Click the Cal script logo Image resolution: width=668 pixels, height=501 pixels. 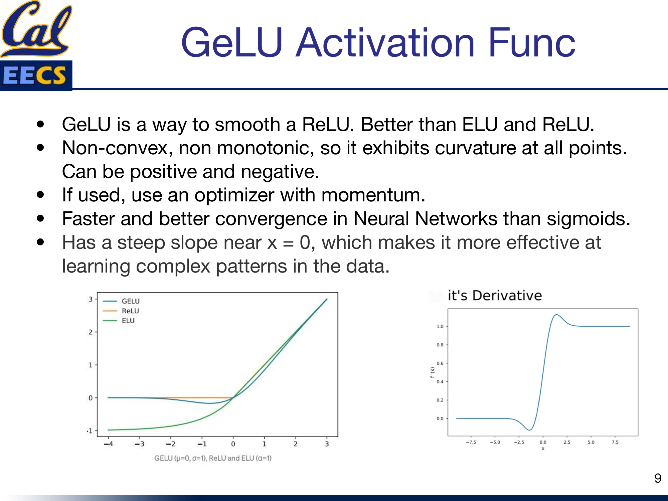[x=36, y=28]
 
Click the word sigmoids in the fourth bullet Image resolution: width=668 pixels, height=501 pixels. [x=588, y=219]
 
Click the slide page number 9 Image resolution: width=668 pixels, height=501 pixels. [x=658, y=478]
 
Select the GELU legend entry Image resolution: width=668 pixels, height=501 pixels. [x=130, y=301]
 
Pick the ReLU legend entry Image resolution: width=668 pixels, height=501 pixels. [x=130, y=311]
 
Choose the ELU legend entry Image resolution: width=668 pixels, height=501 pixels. [x=128, y=321]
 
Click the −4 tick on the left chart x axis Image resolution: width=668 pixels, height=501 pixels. [x=108, y=444]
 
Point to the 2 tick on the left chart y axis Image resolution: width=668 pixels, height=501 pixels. [x=91, y=332]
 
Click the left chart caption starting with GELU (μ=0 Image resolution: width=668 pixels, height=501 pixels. [x=213, y=458]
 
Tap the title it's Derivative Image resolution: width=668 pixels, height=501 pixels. [x=495, y=296]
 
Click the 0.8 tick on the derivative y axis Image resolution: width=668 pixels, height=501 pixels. [x=440, y=345]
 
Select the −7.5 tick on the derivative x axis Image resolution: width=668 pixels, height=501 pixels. [x=471, y=442]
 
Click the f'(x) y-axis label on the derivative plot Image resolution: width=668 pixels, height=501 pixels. [x=432, y=372]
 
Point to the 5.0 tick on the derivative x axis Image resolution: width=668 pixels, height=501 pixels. [x=591, y=442]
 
